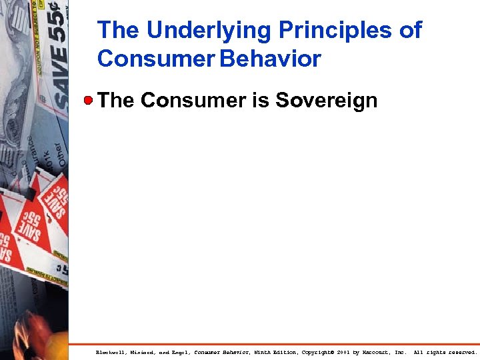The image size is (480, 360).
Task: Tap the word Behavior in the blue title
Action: coord(271,59)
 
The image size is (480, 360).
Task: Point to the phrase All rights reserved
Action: coord(445,352)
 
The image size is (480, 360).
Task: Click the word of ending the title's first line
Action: coord(409,31)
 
